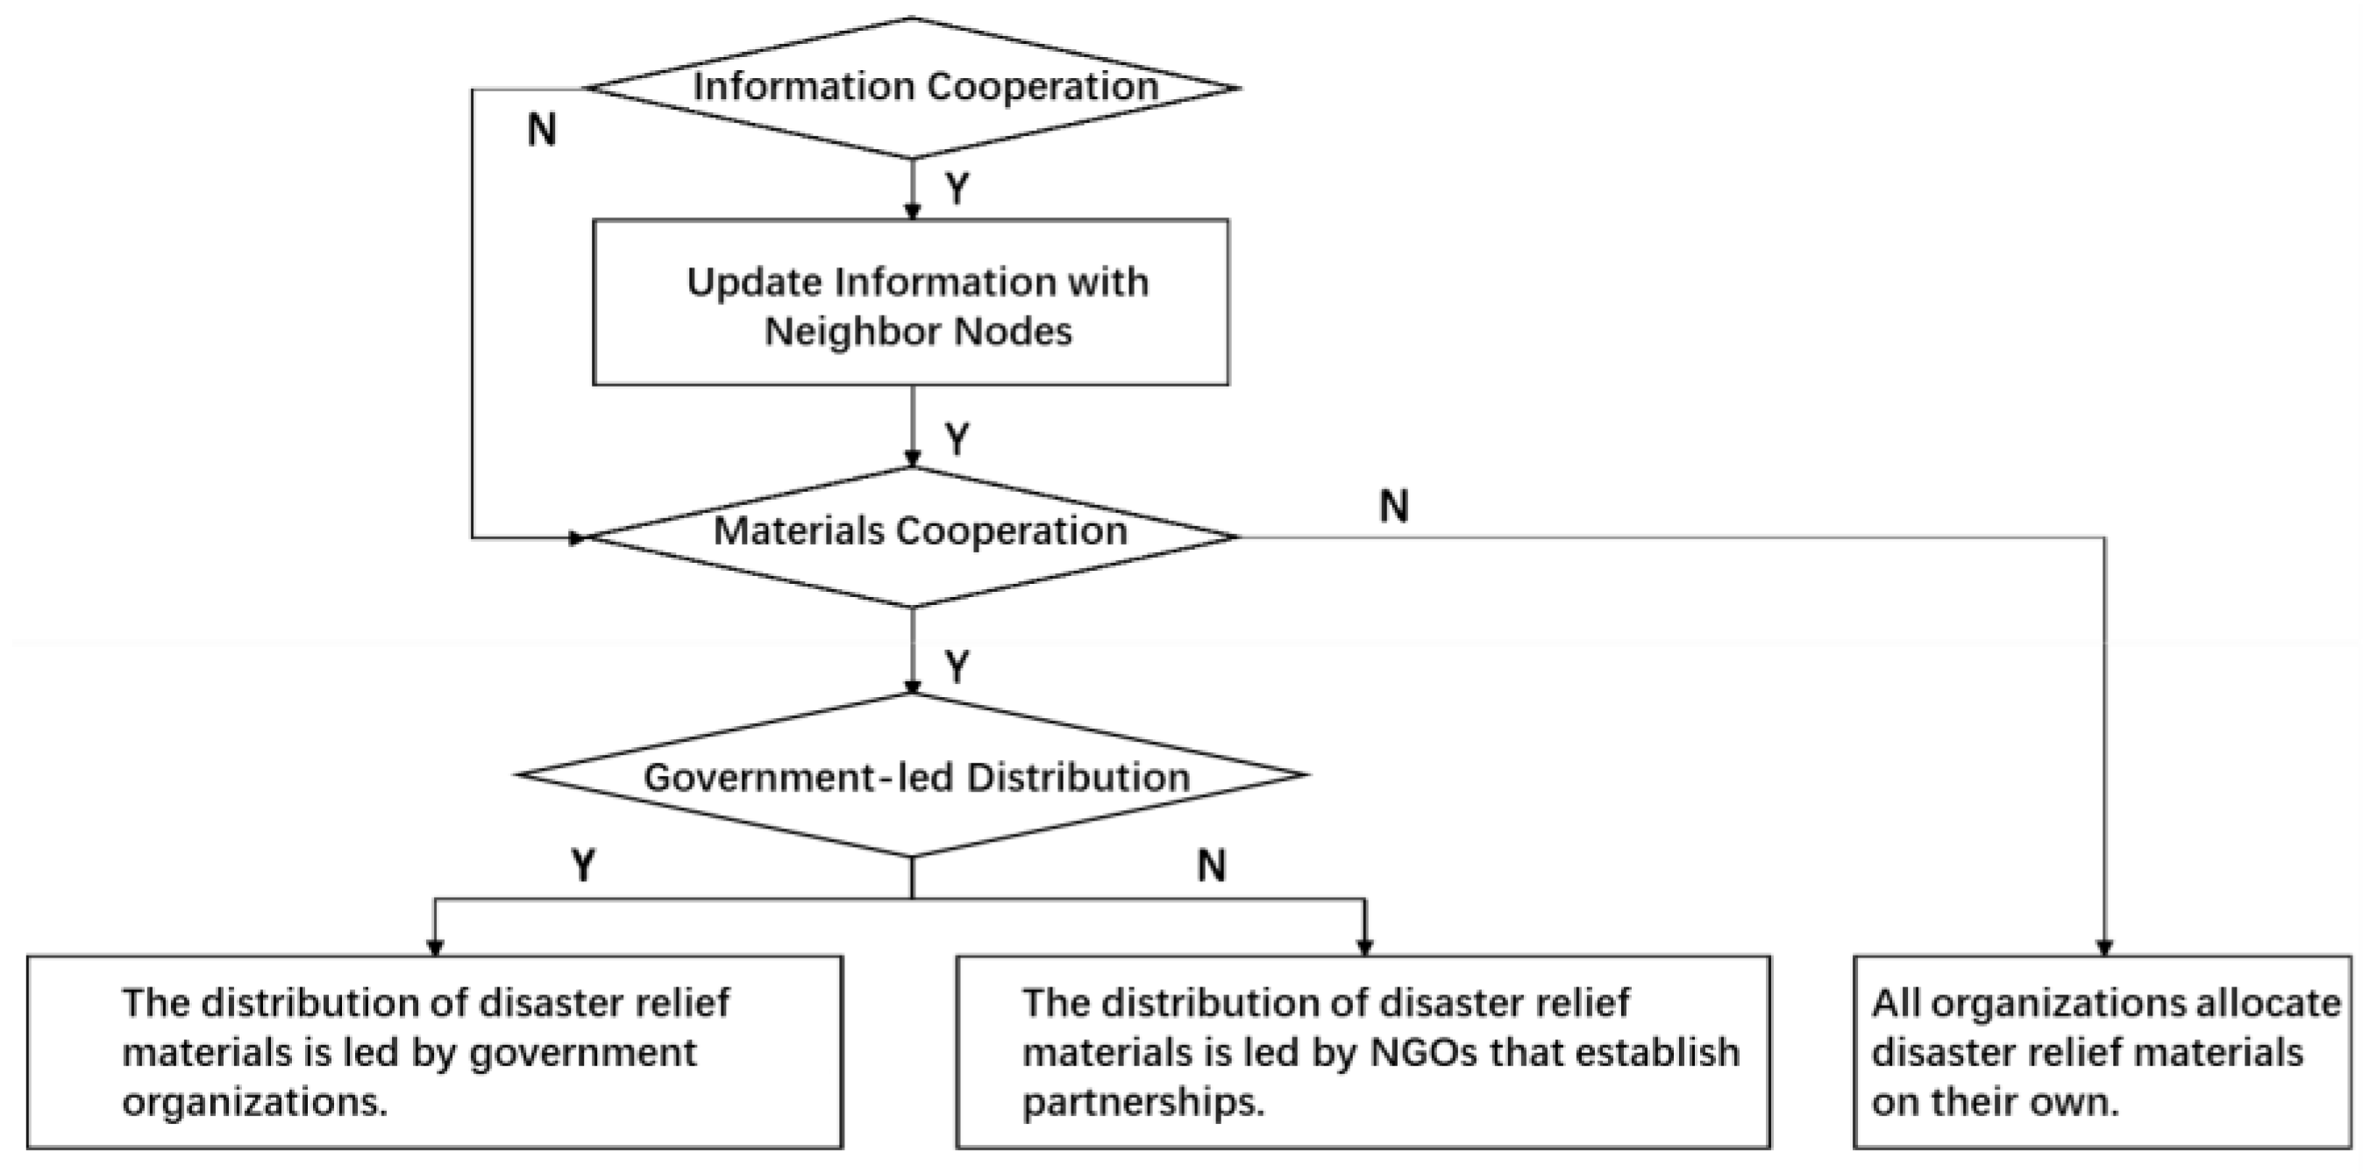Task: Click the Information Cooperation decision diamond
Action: [912, 88]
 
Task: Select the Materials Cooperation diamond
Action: [912, 536]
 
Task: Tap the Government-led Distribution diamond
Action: [912, 775]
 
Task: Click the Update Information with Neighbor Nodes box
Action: [910, 302]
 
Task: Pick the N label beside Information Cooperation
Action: [542, 130]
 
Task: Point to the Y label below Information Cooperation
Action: [957, 189]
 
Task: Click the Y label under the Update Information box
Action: [957, 439]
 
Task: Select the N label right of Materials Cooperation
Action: [1393, 506]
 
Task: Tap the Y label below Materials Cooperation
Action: [957, 666]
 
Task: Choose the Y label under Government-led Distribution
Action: [583, 865]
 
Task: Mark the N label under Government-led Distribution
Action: [1211, 865]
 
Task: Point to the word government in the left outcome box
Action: [583, 1053]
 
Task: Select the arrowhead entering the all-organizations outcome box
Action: [2105, 948]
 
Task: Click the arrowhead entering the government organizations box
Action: [436, 948]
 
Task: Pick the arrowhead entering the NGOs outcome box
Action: [1365, 948]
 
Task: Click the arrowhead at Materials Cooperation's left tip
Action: [580, 537]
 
